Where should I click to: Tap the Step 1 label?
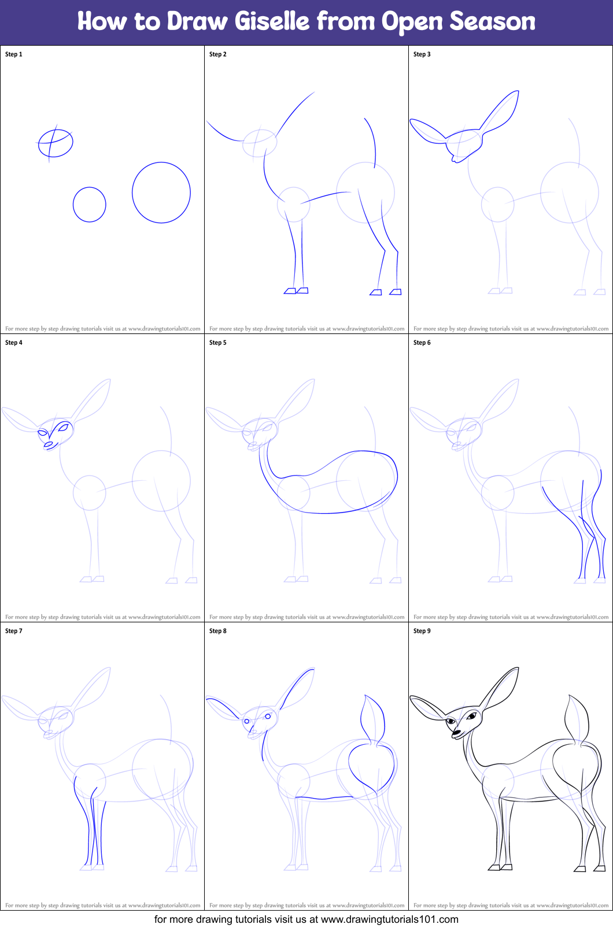point(14,54)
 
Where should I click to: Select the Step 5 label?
point(218,343)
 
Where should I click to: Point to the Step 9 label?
point(422,631)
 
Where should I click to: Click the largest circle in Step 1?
point(161,192)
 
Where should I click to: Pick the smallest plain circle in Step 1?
point(90,205)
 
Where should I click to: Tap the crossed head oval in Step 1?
point(56,143)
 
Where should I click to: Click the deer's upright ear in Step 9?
point(502,688)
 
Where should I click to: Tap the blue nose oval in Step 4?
point(49,444)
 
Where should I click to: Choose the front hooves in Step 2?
point(296,291)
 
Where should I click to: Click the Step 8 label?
point(218,631)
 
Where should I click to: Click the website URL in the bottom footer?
point(389,919)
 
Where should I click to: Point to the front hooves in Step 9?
point(500,867)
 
